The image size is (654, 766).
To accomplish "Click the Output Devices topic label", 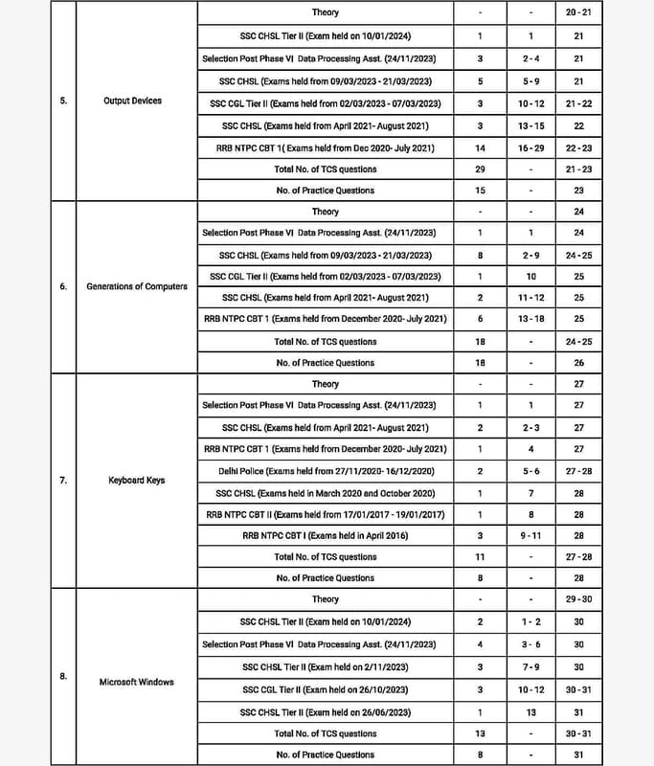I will (x=133, y=101).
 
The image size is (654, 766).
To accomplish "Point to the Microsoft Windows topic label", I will (x=137, y=682).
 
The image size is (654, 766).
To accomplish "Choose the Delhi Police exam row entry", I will (x=325, y=471).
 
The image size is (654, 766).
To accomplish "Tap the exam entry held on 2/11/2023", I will (x=325, y=666).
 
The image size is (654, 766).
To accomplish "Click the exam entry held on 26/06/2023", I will (x=325, y=712).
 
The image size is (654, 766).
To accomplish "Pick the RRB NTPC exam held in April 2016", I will (x=325, y=535).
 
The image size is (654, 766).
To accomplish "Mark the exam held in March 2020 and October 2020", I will (x=325, y=492).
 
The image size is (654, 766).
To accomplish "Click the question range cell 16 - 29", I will (x=526, y=148).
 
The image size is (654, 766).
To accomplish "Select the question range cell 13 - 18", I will (x=526, y=319).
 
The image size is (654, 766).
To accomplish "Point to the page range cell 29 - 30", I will (x=578, y=599).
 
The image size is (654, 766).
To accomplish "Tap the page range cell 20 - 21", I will (x=578, y=12).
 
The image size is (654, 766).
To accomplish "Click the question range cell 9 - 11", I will (x=526, y=535).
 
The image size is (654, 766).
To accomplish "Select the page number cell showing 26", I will (x=578, y=363).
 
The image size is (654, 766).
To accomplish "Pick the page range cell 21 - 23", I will (x=578, y=169).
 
